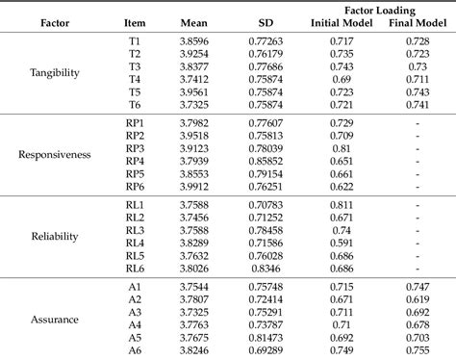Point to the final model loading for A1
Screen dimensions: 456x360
pos(417,287)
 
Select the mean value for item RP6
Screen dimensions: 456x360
pos(197,187)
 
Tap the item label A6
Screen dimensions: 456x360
pos(135,350)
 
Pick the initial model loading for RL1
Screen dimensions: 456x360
pos(341,206)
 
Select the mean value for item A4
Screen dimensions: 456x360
pos(197,325)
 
